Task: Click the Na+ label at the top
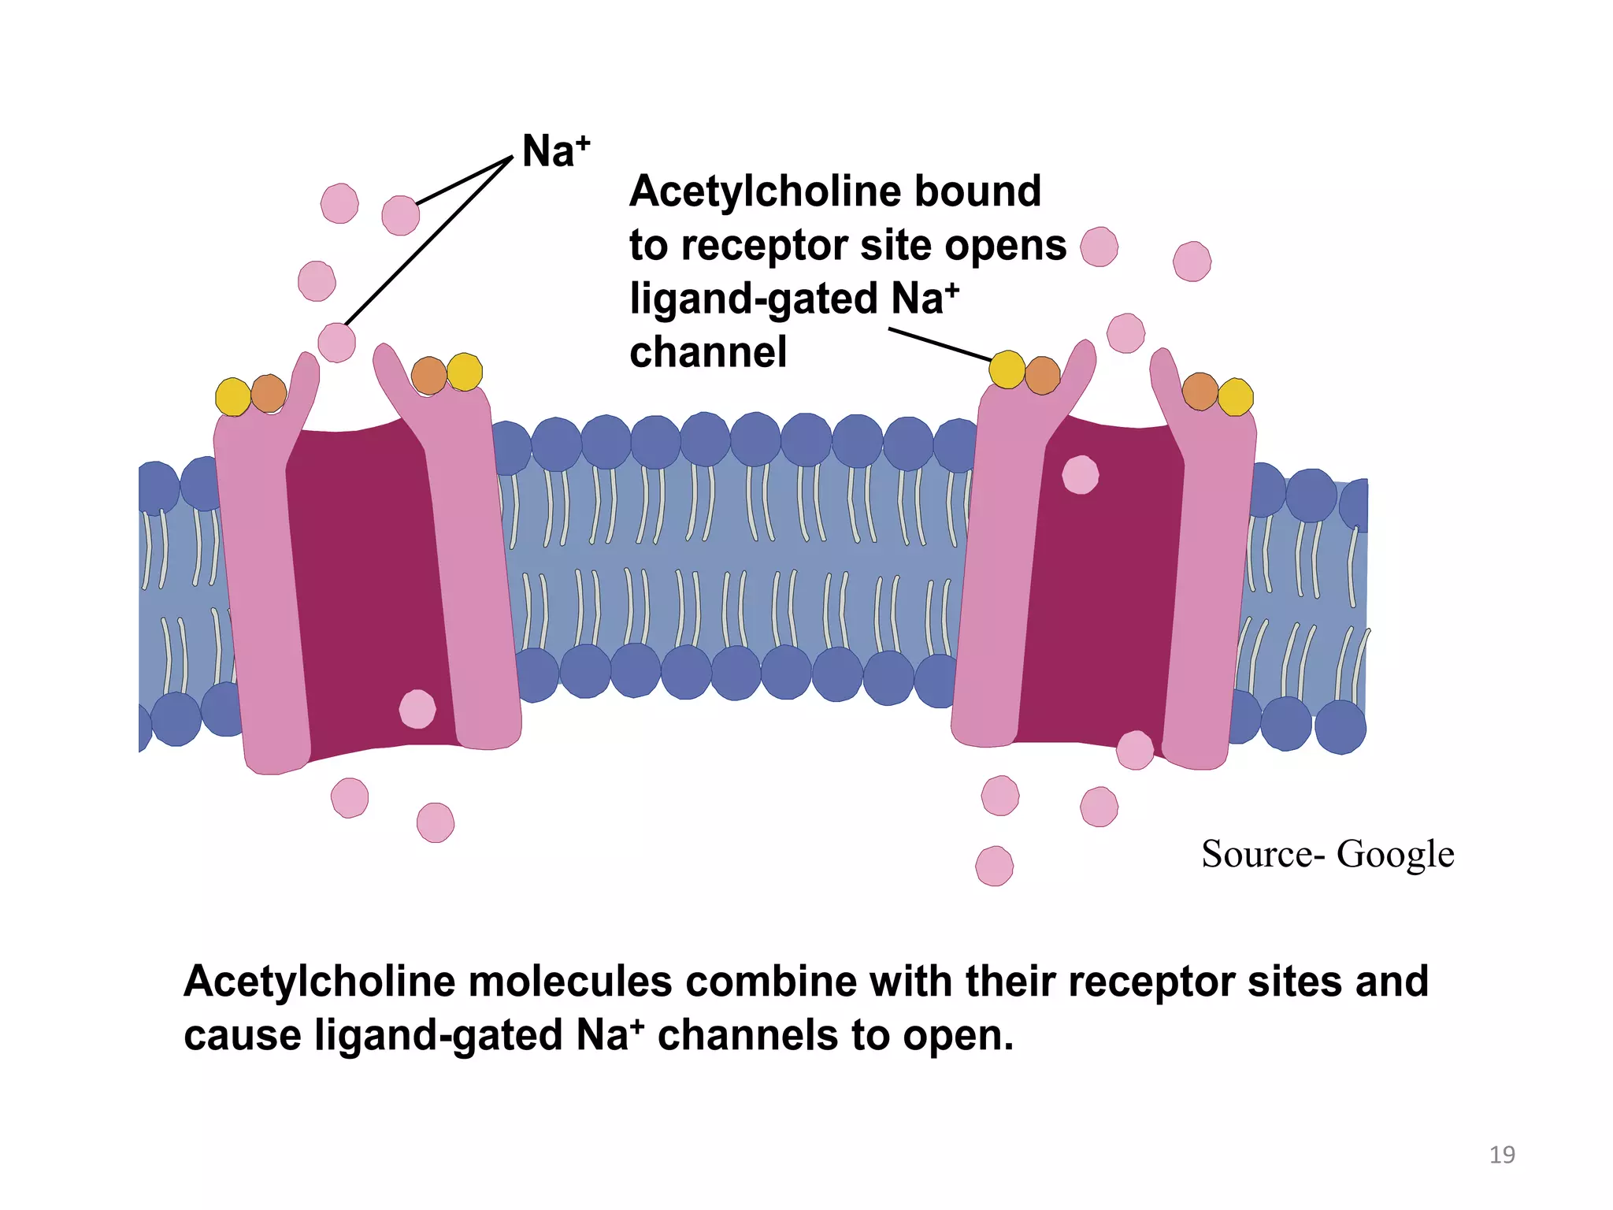[x=554, y=151]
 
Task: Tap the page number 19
[x=1501, y=1155]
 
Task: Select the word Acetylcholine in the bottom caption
[x=319, y=982]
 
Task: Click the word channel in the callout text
[x=707, y=352]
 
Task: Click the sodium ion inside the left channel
[x=417, y=709]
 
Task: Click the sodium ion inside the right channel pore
[x=1080, y=475]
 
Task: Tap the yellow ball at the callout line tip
[x=1007, y=370]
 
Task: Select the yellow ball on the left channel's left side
[x=233, y=396]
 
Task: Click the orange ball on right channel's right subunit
[x=1200, y=392]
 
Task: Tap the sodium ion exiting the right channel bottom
[x=1135, y=750]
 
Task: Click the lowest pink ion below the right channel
[x=994, y=866]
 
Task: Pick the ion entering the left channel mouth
[x=336, y=343]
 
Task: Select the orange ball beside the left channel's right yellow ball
[x=428, y=375]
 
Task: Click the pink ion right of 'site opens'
[x=1099, y=247]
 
